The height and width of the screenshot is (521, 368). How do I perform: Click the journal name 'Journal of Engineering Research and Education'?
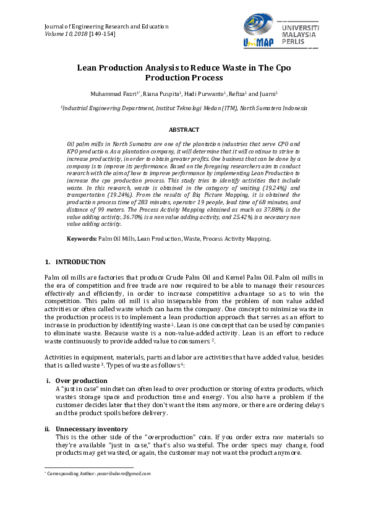click(x=106, y=27)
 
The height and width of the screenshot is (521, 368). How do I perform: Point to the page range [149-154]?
click(x=101, y=34)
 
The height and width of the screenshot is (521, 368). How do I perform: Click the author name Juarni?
click(x=268, y=93)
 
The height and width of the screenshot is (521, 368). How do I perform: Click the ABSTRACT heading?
click(x=184, y=130)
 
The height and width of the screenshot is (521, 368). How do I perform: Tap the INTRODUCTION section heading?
click(x=80, y=262)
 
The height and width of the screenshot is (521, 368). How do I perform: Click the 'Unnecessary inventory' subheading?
click(x=92, y=429)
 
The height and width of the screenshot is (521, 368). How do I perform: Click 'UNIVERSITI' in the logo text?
click(x=301, y=29)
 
